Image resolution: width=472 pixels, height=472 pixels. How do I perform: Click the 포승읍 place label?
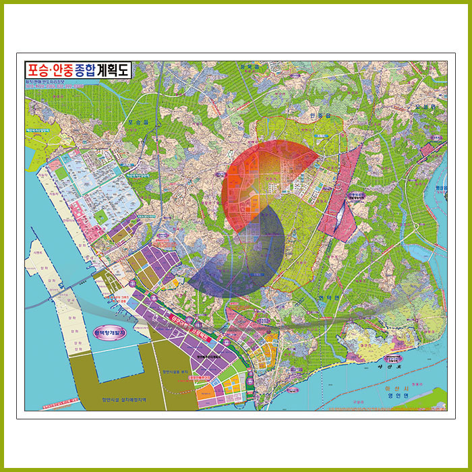(x=137, y=123)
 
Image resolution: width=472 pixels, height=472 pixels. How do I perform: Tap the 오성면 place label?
(x=426, y=107)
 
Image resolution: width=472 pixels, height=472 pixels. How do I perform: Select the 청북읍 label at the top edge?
(x=249, y=67)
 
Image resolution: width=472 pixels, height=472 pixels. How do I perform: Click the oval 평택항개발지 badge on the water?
(x=110, y=335)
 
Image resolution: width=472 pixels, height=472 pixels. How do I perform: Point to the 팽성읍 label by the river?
(x=442, y=188)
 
